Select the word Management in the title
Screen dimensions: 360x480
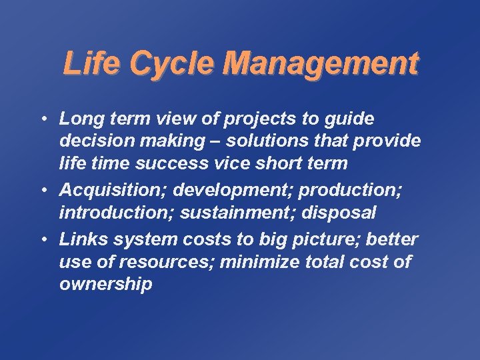tap(321, 65)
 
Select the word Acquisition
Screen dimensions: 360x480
tap(113, 189)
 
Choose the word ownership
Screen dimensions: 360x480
tap(105, 285)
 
